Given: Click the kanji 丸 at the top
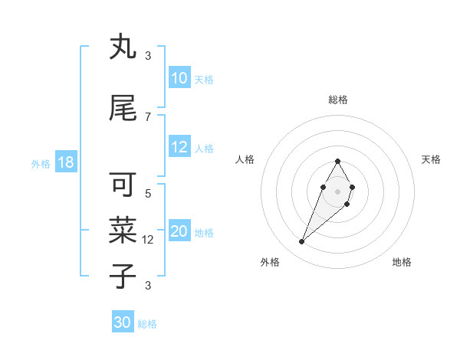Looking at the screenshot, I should (123, 47).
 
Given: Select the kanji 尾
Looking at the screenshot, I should (123, 108).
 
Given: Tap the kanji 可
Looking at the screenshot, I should (123, 185).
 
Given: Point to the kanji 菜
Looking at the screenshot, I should (123, 228).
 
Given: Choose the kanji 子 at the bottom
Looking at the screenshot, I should (123, 276).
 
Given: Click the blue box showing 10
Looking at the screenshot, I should (179, 78).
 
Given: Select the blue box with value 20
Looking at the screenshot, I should (179, 232).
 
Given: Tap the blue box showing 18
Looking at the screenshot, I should (65, 163).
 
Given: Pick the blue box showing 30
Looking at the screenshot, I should (123, 322).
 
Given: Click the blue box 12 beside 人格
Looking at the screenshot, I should (179, 148).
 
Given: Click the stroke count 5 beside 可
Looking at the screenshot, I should (148, 193).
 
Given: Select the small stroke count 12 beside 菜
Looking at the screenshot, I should (149, 239).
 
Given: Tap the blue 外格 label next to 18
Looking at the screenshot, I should (41, 164).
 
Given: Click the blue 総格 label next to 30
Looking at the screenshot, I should (147, 324).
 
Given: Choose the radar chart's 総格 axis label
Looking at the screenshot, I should (337, 100).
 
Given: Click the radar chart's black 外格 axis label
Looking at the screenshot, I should (270, 263).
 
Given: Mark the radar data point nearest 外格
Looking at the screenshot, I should (302, 242).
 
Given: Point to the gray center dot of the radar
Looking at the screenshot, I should (337, 191).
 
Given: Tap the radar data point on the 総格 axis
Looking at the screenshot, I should (337, 161).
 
